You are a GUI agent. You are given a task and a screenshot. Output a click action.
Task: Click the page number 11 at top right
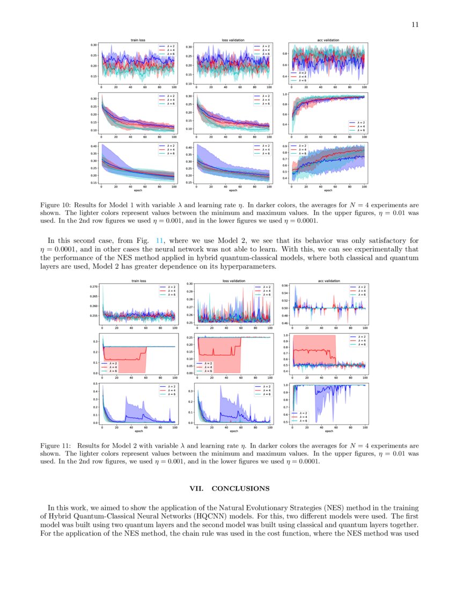(x=415, y=24)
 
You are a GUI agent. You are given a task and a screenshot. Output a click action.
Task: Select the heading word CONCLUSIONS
(x=240, y=488)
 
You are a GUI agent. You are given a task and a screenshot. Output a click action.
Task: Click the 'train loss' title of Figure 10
(x=139, y=40)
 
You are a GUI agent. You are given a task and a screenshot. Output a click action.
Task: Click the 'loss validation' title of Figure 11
(x=233, y=280)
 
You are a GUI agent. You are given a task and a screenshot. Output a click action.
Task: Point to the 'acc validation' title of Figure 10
(x=328, y=40)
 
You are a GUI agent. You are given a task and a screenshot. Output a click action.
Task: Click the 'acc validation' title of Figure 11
(x=328, y=280)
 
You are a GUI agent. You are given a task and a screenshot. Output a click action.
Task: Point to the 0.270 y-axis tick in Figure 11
(x=94, y=287)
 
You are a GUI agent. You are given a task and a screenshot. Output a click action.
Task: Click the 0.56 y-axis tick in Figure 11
(x=285, y=286)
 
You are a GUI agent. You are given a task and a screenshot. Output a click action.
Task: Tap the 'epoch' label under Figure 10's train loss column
(x=139, y=190)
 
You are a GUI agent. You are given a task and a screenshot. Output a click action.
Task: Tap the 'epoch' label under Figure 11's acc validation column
(x=328, y=430)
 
